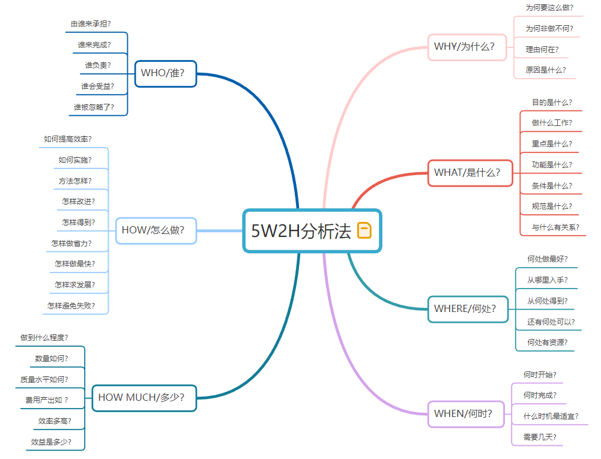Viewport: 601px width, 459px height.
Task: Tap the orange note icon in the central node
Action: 364,230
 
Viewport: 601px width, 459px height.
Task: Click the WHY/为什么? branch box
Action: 467,47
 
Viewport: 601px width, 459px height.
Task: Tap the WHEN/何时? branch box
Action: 466,413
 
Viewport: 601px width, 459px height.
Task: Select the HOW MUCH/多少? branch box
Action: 144,397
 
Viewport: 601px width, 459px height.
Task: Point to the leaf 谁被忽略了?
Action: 94,107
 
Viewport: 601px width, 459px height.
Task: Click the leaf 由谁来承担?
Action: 91,24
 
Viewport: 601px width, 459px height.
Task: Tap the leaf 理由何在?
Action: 542,49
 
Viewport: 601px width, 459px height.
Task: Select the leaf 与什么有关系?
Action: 555,227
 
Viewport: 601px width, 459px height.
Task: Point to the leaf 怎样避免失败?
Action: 71,305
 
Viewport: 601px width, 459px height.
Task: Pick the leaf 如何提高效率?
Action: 68,139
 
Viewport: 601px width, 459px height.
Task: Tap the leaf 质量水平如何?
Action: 44,379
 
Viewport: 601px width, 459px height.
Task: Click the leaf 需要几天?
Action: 540,437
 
